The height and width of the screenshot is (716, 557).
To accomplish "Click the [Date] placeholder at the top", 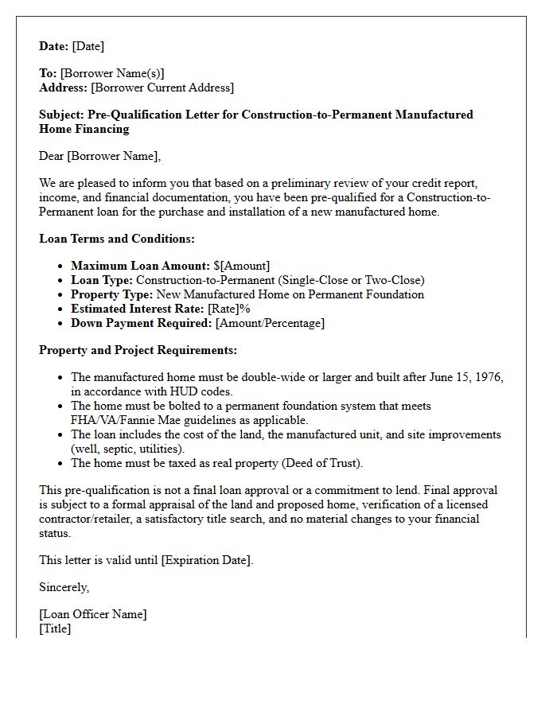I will pyautogui.click(x=88, y=46).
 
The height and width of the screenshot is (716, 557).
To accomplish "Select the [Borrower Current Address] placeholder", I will pyautogui.click(x=162, y=88).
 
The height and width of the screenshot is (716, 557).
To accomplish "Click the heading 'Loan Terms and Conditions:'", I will pyautogui.click(x=117, y=238).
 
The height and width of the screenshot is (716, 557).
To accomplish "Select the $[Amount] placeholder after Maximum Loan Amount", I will pyautogui.click(x=242, y=266).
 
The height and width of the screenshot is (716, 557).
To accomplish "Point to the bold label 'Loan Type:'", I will pyautogui.click(x=102, y=280).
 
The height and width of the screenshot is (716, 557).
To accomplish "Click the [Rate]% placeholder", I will pyautogui.click(x=229, y=309).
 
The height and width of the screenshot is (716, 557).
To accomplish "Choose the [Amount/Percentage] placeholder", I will pyautogui.click(x=270, y=323).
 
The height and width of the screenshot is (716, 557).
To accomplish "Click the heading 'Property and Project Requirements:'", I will pyautogui.click(x=138, y=350).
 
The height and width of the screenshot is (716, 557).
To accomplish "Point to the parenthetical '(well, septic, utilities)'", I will pyautogui.click(x=127, y=449).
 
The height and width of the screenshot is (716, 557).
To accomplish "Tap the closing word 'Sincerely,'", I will pyautogui.click(x=64, y=587).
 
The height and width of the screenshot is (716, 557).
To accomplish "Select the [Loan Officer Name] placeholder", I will pyautogui.click(x=93, y=614).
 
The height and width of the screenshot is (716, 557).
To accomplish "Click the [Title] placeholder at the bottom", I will pyautogui.click(x=55, y=628).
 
